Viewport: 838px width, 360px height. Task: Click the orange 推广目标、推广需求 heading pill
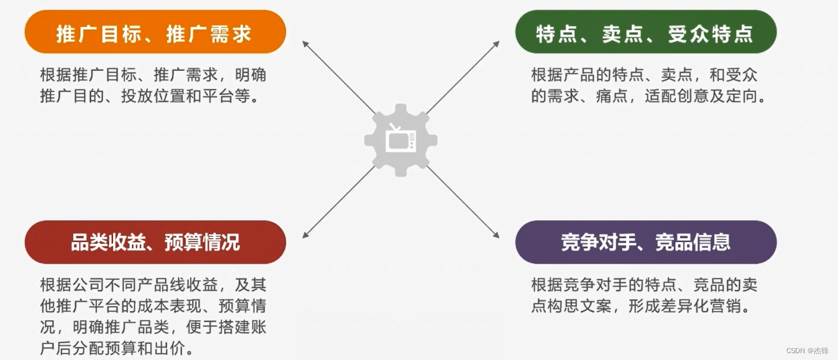pos(155,34)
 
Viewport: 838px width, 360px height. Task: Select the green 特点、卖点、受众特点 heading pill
pos(645,34)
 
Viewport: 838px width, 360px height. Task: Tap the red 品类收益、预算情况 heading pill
pos(155,242)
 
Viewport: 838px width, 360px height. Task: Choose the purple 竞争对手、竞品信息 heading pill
pos(645,242)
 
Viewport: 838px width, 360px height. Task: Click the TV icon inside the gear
pos(400,139)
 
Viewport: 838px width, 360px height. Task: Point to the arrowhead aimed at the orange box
pos(305,44)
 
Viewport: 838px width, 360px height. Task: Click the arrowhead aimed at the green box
pos(496,44)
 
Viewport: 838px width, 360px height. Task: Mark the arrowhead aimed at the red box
pos(305,234)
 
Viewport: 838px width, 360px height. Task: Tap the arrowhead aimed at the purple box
pos(496,234)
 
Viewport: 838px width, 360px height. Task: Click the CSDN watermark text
pos(807,351)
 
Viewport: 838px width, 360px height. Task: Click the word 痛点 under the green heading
pos(613,97)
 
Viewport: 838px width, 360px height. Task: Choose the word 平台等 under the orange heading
pos(234,97)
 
